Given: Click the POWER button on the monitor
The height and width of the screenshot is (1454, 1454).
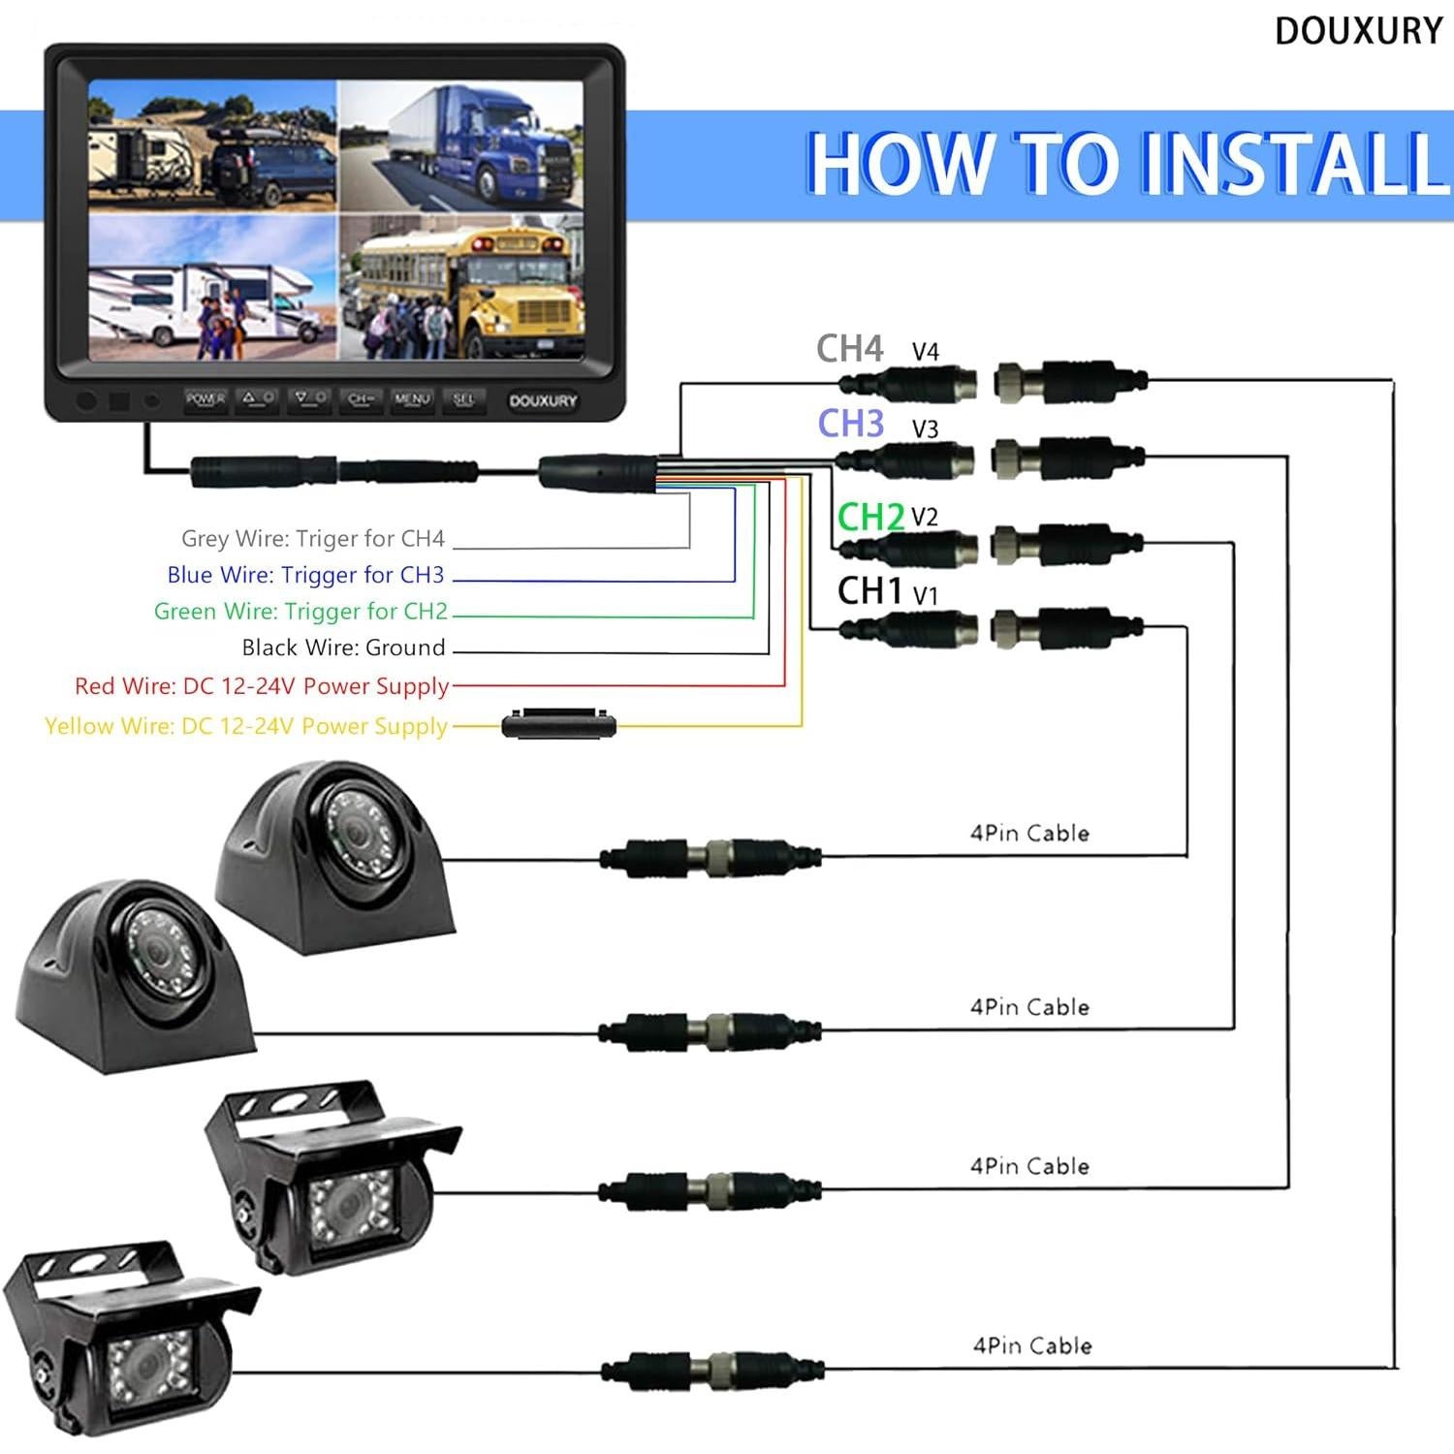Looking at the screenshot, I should pyautogui.click(x=205, y=398).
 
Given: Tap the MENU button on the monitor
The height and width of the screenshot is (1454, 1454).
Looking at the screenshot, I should pyautogui.click(x=412, y=398).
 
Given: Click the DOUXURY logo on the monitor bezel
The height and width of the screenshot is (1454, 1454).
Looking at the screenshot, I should pyautogui.click(x=543, y=400).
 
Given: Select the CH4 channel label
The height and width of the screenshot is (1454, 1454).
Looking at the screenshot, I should pyautogui.click(x=850, y=349).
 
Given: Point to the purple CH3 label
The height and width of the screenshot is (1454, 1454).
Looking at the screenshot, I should pyautogui.click(x=851, y=424).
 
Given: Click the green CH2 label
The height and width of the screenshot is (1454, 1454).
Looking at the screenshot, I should pyautogui.click(x=870, y=517).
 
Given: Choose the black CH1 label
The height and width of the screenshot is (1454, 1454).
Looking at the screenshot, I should pyautogui.click(x=869, y=590).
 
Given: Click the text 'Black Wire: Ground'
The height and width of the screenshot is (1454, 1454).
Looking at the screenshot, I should pyautogui.click(x=344, y=648).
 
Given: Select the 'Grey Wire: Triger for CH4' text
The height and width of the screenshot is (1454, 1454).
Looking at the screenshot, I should pyautogui.click(x=313, y=538).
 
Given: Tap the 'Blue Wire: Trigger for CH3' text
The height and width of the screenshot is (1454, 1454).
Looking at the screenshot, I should pyautogui.click(x=305, y=575).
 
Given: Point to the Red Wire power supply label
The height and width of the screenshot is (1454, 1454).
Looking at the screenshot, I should pyautogui.click(x=262, y=686).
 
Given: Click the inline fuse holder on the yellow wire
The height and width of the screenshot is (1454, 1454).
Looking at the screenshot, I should pyautogui.click(x=559, y=724).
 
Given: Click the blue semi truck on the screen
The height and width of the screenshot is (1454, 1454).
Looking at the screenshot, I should pyautogui.click(x=485, y=141).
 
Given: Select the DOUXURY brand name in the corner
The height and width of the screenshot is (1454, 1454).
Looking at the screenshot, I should pyautogui.click(x=1359, y=31).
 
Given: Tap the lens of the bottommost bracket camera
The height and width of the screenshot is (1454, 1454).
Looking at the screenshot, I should pyautogui.click(x=145, y=1362).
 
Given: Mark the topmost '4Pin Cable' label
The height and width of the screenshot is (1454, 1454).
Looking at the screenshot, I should pyautogui.click(x=1029, y=833).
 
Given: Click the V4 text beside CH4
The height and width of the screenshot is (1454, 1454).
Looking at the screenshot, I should pyautogui.click(x=926, y=352).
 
